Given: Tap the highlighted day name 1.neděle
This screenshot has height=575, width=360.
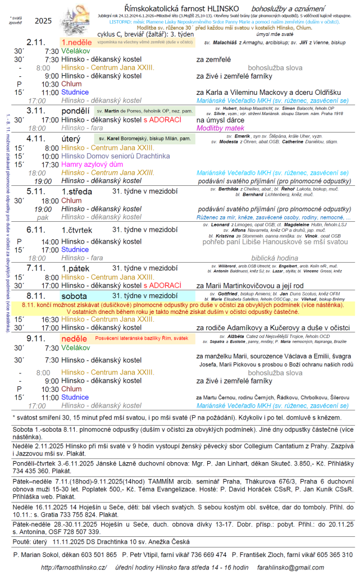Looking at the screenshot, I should [77, 43].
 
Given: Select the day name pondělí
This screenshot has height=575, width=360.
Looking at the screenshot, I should [75, 111].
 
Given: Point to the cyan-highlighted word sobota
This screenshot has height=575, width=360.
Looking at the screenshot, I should [75, 295].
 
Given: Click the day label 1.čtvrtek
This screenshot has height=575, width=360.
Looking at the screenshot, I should [76, 230].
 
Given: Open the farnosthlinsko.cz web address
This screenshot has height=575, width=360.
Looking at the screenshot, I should [73, 567].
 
